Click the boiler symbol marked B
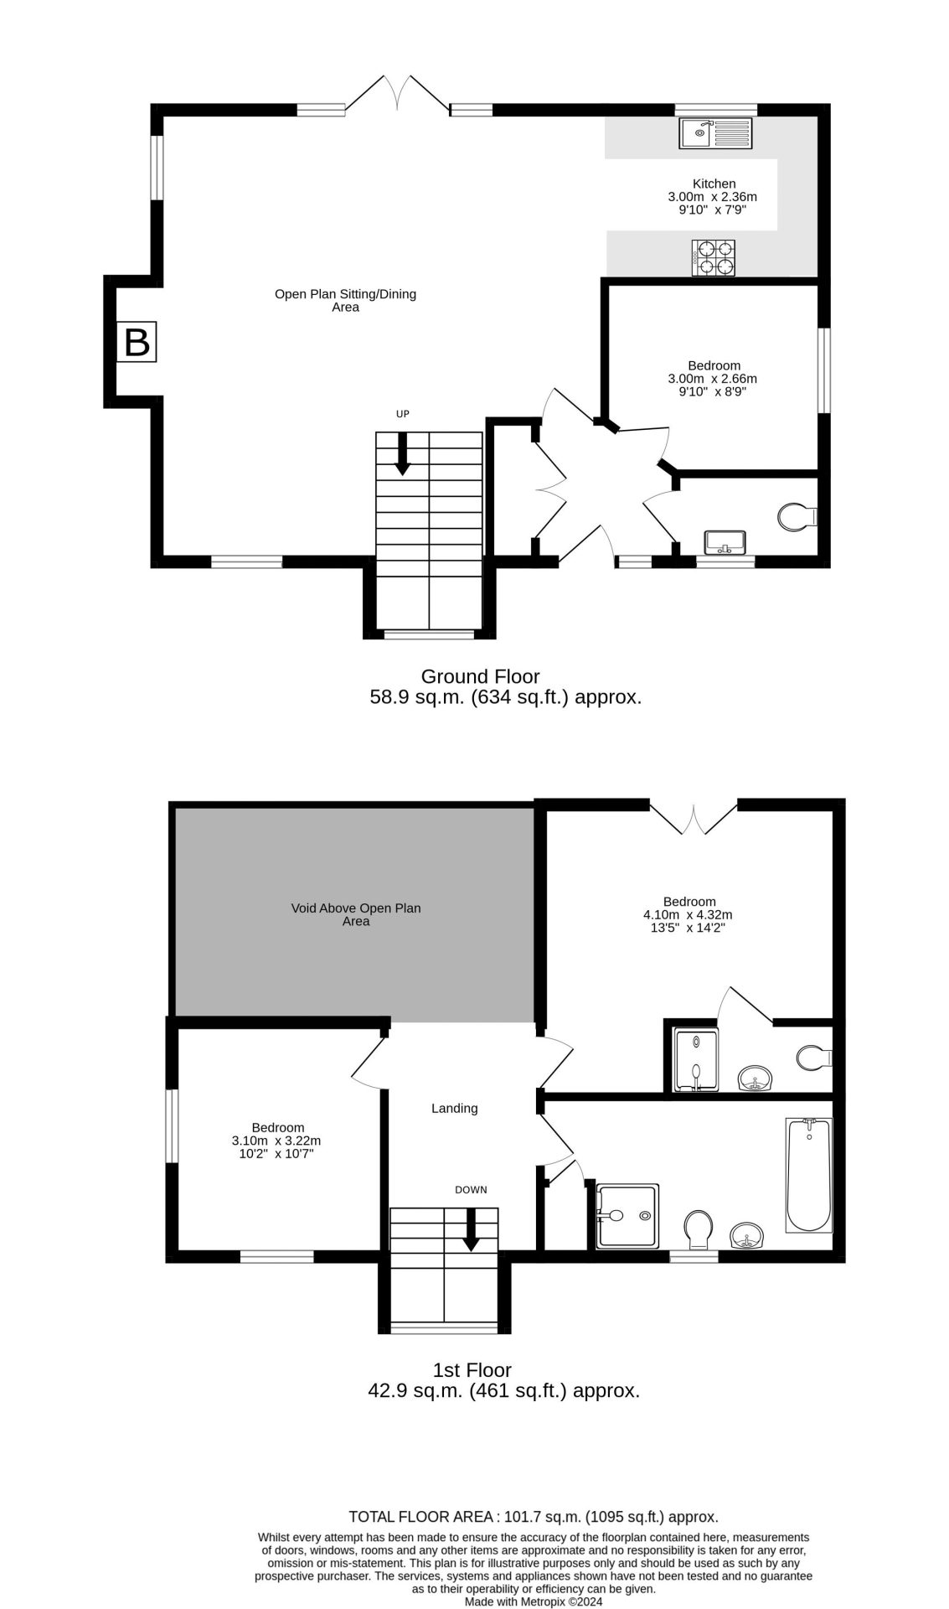[x=136, y=342]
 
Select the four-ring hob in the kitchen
[x=714, y=257]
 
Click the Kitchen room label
[x=714, y=184]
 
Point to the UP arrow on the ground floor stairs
[x=403, y=453]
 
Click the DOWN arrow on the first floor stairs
[x=472, y=1229]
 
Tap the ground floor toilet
[x=797, y=515]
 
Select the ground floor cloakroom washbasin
[x=725, y=542]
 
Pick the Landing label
[x=454, y=1108]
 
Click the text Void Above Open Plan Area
[x=356, y=914]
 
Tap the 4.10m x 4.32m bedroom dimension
[x=688, y=915]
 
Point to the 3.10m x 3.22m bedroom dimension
[x=276, y=1141]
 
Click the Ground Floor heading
[x=480, y=676]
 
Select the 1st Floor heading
[x=472, y=1370]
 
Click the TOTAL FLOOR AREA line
[x=533, y=1517]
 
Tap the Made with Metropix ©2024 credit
[x=534, y=1601]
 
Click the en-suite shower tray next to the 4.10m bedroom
[x=696, y=1060]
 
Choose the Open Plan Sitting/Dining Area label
[x=345, y=300]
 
